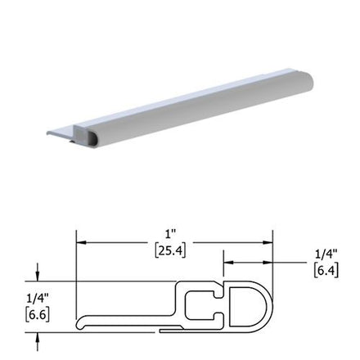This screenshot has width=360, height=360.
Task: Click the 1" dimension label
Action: (171, 235)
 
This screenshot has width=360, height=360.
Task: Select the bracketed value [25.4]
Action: (170, 251)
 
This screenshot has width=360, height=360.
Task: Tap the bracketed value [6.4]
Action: (326, 271)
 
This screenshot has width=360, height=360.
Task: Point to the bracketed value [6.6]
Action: (38, 315)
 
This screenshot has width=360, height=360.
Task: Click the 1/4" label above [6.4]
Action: (326, 254)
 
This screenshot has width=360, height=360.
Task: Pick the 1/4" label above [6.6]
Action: (38, 299)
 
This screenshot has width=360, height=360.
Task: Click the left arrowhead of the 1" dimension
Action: (81, 242)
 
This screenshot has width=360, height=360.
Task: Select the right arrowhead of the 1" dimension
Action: (268, 242)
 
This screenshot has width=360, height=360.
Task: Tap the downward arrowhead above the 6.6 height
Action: (38, 276)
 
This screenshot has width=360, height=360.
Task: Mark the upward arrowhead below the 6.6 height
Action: (38, 338)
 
